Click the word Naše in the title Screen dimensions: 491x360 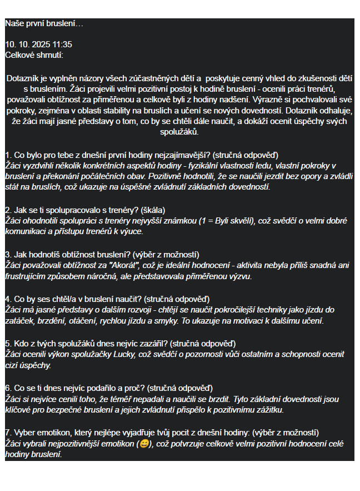tap(14, 24)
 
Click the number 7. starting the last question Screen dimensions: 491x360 tap(8, 433)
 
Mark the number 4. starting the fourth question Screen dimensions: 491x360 tap(8, 299)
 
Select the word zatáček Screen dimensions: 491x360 tap(19, 321)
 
